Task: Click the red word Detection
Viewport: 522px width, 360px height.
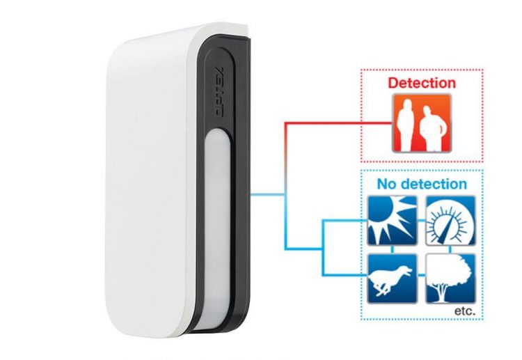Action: coord(422,83)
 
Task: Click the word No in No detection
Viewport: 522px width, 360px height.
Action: coord(387,185)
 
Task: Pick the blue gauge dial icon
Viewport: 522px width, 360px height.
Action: coord(450,220)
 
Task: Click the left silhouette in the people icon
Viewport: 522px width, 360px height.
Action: coord(403,125)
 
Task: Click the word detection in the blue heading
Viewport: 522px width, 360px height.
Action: coord(432,185)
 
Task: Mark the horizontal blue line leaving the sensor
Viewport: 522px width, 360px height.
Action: coord(268,194)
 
